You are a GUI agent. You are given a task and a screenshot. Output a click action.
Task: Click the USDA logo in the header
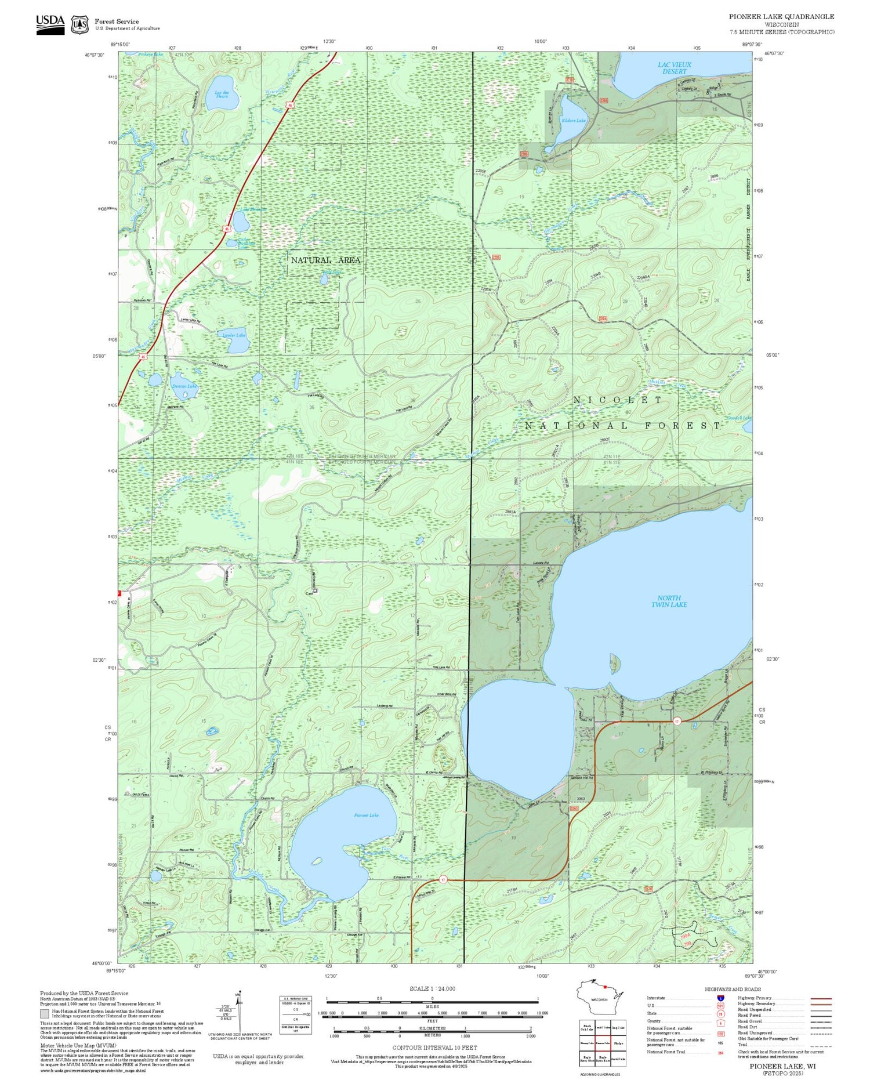pyautogui.click(x=50, y=24)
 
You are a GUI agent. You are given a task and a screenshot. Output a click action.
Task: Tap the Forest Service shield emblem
pyautogui.click(x=79, y=24)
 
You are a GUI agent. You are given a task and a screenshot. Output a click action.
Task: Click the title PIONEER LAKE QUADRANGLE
pyautogui.click(x=781, y=16)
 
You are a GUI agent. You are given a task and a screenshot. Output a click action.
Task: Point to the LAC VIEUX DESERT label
pyautogui.click(x=674, y=67)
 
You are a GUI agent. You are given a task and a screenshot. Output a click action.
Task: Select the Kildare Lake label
pyautogui.click(x=573, y=121)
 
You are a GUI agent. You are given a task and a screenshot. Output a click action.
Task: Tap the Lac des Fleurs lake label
pyautogui.click(x=222, y=94)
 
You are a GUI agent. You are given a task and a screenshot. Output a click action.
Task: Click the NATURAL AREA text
pyautogui.click(x=325, y=260)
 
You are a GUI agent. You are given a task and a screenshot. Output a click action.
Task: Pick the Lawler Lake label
pyautogui.click(x=234, y=335)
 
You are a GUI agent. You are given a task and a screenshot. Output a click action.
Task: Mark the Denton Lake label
pyautogui.click(x=184, y=386)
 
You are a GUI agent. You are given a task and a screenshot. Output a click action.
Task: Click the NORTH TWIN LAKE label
pyautogui.click(x=669, y=601)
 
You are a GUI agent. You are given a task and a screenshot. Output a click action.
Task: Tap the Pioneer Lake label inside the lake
pyautogui.click(x=366, y=815)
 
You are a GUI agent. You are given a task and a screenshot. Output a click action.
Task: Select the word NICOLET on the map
pyautogui.click(x=617, y=400)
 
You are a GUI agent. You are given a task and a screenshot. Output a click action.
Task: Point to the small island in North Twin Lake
pyautogui.click(x=616, y=663)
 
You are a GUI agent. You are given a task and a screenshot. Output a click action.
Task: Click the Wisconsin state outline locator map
pyautogui.click(x=601, y=998)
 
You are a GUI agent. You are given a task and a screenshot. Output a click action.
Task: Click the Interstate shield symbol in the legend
pyautogui.click(x=720, y=998)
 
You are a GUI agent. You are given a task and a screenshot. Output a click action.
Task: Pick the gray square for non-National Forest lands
pyautogui.click(x=45, y=1013)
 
